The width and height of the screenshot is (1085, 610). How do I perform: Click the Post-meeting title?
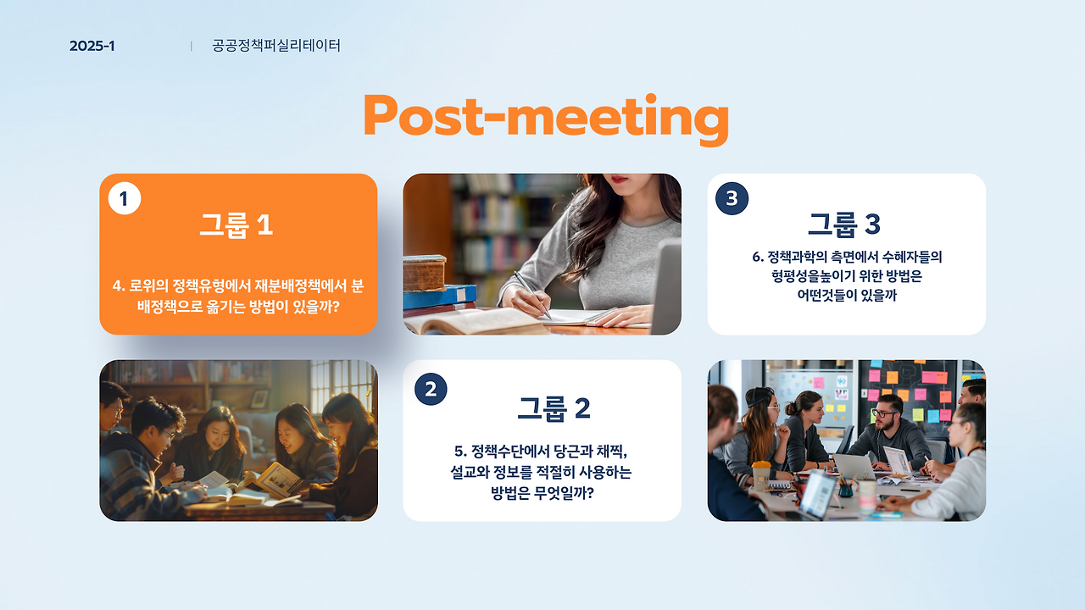(x=546, y=118)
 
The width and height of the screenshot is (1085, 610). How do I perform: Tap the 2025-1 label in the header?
(x=92, y=46)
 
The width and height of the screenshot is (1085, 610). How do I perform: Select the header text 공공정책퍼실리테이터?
(x=276, y=46)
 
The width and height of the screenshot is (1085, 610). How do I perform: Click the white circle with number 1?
(x=125, y=198)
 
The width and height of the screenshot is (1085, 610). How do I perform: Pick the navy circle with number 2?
(x=431, y=389)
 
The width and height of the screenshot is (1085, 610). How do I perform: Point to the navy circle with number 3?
(x=732, y=198)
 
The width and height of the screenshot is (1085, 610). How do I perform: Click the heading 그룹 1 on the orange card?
(x=236, y=225)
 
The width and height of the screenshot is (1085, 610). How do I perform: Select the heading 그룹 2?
(x=554, y=408)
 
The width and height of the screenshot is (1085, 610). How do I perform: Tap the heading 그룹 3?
(x=844, y=225)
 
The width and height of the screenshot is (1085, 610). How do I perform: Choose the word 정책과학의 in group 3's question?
(x=797, y=257)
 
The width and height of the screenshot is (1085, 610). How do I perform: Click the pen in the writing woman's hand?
(x=532, y=295)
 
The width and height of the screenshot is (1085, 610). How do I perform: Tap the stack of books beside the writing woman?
(x=439, y=286)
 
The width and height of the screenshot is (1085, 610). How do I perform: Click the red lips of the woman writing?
(x=619, y=179)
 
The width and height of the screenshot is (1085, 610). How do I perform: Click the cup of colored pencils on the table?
(x=846, y=485)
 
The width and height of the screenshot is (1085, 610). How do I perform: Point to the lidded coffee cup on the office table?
(x=761, y=475)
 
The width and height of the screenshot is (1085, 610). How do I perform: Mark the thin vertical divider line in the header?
(x=192, y=46)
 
